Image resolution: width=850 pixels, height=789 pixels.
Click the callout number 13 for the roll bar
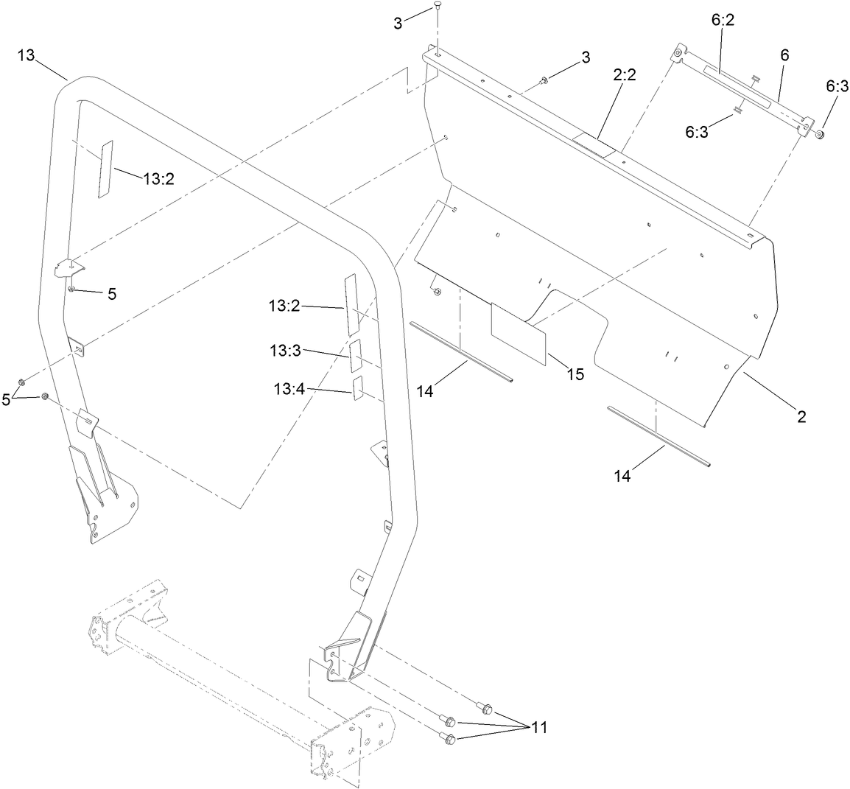(26, 55)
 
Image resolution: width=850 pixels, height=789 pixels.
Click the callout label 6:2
(723, 22)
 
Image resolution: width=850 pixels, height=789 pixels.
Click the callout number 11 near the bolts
(539, 727)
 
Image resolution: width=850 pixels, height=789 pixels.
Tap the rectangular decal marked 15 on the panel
(519, 334)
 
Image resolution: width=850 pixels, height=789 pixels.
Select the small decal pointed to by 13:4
(359, 388)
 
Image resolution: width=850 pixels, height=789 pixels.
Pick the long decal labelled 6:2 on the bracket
(737, 86)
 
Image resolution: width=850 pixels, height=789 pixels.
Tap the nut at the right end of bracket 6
(819, 134)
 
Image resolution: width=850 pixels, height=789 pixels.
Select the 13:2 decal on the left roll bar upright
(106, 169)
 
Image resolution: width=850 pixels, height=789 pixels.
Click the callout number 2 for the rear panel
(801, 418)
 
